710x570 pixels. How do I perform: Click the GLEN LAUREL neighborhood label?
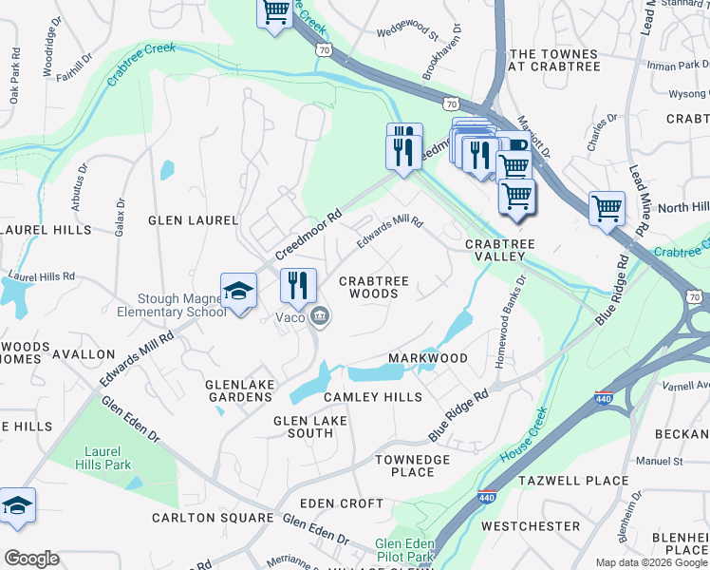click(x=193, y=220)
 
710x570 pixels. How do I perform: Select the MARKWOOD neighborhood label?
click(x=428, y=358)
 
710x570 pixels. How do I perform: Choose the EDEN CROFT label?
click(x=342, y=503)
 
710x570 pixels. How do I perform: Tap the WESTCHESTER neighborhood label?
click(x=531, y=525)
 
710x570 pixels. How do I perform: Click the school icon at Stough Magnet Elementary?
click(x=238, y=291)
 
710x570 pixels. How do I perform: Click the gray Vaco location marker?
click(x=320, y=316)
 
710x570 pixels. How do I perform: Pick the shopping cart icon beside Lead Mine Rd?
click(x=607, y=208)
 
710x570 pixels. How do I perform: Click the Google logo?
click(x=31, y=559)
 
